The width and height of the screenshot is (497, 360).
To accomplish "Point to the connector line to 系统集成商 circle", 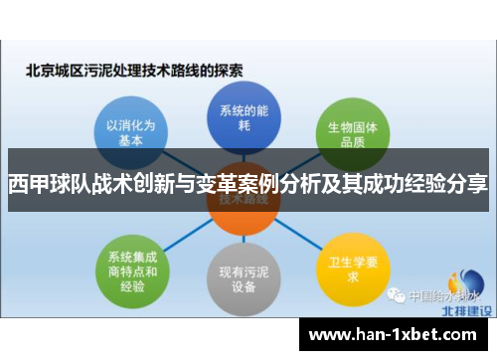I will coord(179,235).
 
